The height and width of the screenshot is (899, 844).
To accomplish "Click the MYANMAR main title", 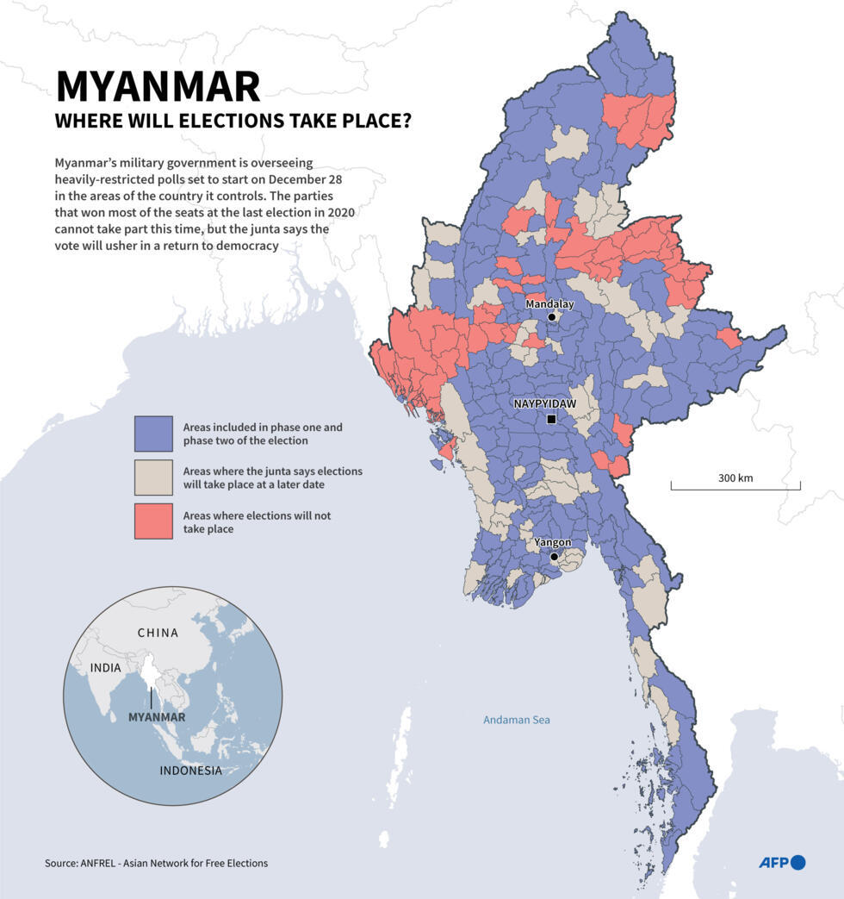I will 158,86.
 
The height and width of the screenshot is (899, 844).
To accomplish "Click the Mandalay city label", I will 549,304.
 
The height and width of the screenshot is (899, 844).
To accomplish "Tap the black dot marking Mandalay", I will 552,317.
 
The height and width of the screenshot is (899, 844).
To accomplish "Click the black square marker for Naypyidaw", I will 551,420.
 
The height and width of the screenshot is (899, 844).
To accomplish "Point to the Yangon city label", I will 552,542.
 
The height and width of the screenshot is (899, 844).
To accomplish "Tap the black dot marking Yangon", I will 555,557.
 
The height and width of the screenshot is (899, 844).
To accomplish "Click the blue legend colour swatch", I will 152,434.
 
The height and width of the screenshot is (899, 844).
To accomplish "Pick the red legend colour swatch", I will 152,521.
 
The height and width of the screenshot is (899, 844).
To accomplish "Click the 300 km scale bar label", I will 735,478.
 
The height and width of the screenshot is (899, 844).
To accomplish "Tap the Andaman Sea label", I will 516,720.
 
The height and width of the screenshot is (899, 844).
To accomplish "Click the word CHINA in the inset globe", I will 158,633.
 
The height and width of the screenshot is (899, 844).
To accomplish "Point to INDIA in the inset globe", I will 106,668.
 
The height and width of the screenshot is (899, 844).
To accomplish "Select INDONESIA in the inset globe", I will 190,771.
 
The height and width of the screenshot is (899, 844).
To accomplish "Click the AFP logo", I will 781,862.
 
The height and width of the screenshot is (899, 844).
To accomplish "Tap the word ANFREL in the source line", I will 102,863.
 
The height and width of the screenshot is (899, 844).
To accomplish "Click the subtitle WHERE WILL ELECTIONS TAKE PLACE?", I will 233,122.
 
